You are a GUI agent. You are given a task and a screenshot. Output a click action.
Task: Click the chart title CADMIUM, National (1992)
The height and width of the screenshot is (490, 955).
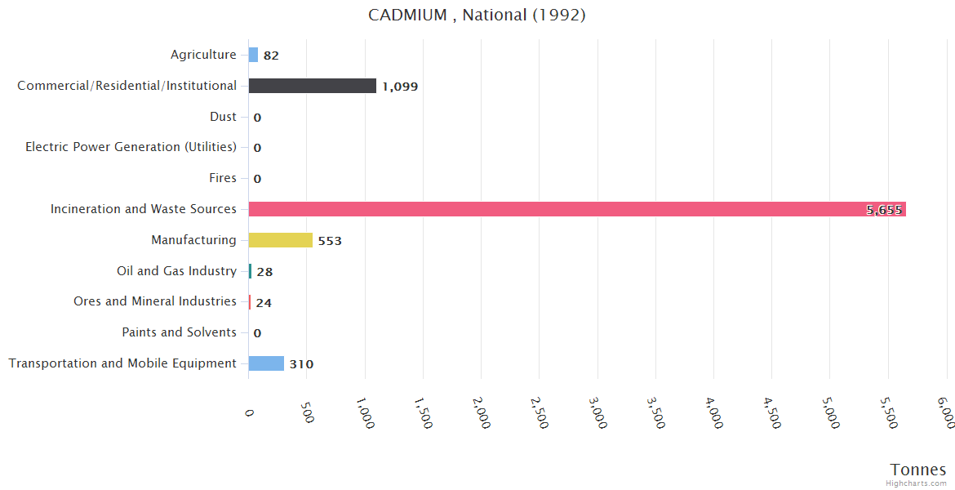coord(477,16)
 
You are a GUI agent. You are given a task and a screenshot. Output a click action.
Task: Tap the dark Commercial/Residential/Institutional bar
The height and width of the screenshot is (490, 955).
coord(313,86)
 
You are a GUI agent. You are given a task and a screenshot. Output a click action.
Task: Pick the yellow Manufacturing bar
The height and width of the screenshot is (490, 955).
coord(281,240)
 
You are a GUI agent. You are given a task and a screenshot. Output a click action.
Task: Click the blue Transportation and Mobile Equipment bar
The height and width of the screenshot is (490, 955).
coord(266,363)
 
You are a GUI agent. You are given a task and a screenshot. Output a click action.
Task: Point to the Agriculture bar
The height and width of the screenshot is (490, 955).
coord(253,55)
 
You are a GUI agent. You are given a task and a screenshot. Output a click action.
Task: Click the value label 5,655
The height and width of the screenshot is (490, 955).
coord(884,210)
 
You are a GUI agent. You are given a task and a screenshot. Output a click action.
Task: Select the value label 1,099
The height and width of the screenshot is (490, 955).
coord(400,87)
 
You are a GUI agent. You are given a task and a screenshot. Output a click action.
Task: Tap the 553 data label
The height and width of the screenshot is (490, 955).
coord(330,241)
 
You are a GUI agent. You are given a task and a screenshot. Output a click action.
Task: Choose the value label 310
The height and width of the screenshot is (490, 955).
coord(301,364)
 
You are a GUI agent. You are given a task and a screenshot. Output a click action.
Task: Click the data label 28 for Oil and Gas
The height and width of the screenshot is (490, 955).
coord(264,272)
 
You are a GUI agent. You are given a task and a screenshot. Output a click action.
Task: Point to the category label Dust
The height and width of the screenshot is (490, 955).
coord(223,117)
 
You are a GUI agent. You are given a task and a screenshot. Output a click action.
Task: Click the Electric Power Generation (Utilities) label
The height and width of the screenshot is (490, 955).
coord(131,147)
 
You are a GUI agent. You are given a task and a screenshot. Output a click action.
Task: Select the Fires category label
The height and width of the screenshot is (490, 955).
coord(223,178)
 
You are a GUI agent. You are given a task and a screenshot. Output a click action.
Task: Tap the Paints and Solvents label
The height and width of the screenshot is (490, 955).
coord(179,332)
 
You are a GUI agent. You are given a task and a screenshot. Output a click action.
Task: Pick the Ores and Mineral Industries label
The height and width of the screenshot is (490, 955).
coord(155,301)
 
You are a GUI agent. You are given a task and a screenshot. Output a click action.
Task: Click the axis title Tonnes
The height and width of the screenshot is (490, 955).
coord(917,470)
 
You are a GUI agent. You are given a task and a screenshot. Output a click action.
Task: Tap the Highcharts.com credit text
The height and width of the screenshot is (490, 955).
coord(917,483)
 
